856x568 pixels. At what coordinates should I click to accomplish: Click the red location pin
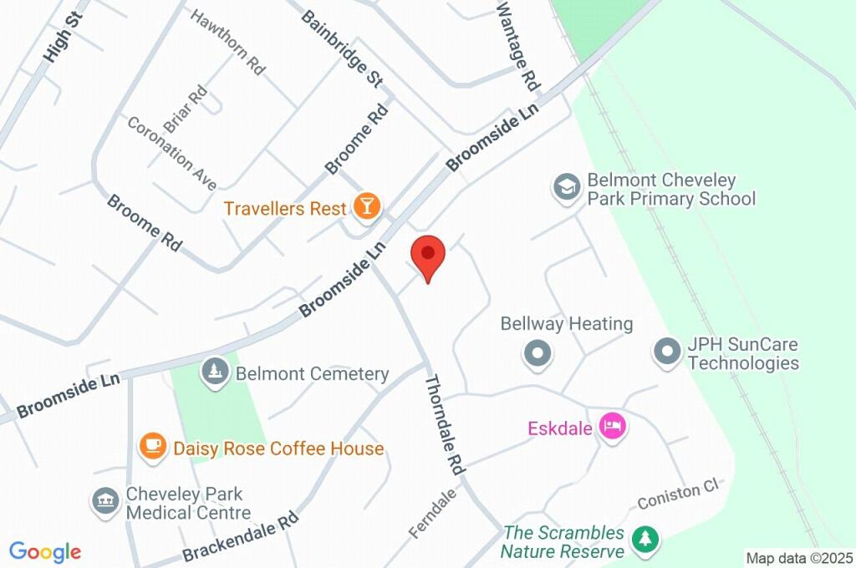coord(427,254)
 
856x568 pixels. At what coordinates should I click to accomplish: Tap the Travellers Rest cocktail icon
coord(366,206)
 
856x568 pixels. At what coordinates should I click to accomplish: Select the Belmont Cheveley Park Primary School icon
coord(566,188)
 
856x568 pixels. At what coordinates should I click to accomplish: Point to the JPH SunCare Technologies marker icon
coord(667,352)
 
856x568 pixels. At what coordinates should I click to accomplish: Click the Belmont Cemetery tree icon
coord(217,373)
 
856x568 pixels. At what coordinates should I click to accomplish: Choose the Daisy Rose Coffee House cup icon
coord(153,447)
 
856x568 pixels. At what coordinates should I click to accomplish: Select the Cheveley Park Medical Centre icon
coord(105,502)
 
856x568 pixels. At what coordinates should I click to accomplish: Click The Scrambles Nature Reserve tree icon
coord(644,540)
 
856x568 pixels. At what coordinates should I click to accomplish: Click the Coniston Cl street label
coord(678,494)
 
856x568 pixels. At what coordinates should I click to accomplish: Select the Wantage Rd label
coord(518,45)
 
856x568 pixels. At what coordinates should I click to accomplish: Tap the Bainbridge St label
coord(342,48)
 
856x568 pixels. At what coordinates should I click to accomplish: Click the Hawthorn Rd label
coord(227,43)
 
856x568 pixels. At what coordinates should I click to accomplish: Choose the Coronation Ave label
coord(171,153)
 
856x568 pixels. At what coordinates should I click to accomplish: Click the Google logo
coord(45,552)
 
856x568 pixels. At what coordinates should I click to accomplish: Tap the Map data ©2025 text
coord(798,557)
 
